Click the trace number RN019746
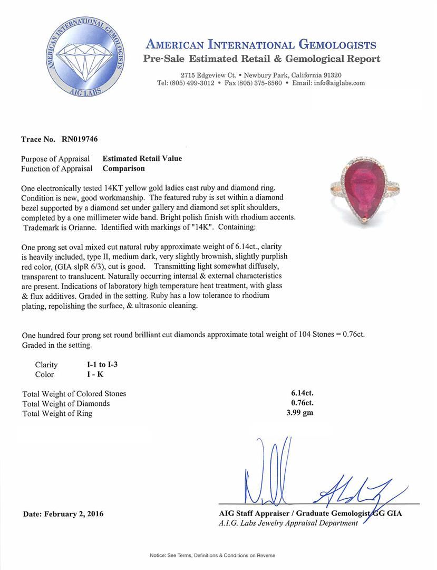(76, 139)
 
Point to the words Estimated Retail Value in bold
(142, 158)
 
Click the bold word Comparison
(123, 168)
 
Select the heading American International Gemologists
(260, 44)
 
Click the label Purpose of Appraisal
(55, 158)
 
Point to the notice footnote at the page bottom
(212, 555)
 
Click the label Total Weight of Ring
(57, 413)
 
